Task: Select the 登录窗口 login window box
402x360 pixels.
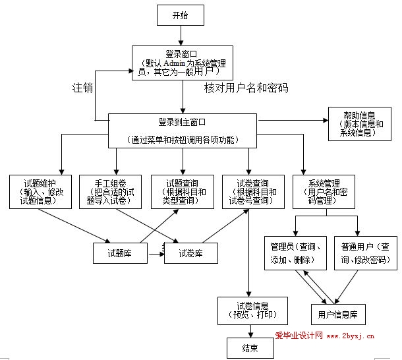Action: point(182,63)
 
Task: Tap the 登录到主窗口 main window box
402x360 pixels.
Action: point(183,130)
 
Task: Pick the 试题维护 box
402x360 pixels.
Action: point(42,192)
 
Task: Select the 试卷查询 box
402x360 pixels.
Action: point(252,192)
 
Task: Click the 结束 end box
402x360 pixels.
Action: point(249,348)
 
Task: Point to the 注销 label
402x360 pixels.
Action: point(82,87)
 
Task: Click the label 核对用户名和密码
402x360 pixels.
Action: point(246,87)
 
